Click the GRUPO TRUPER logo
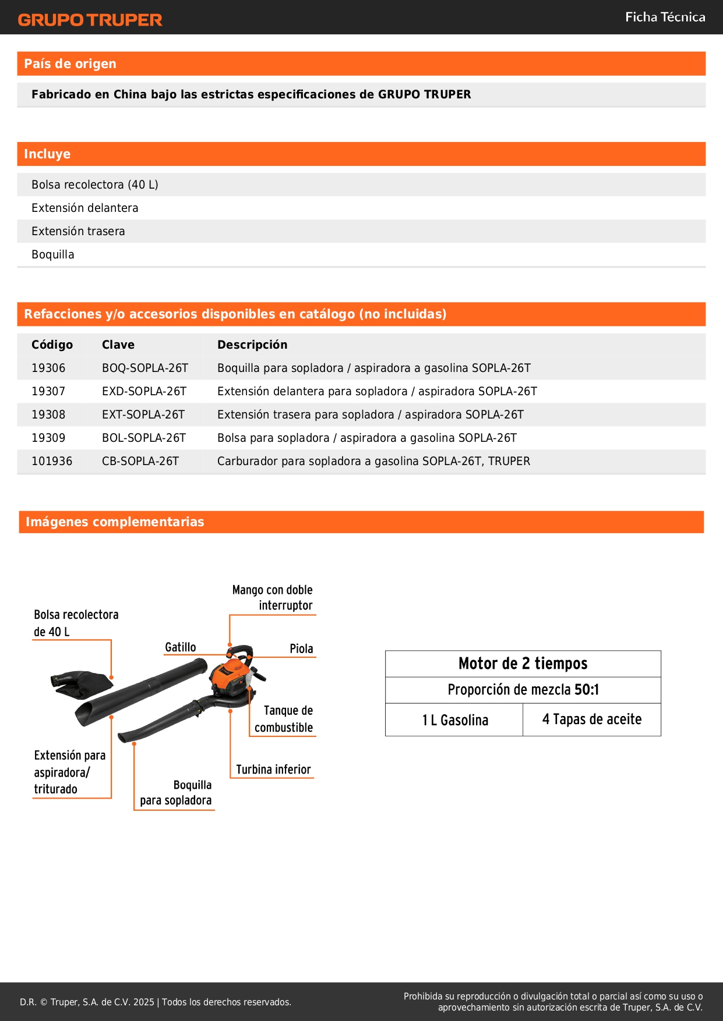pos(90,20)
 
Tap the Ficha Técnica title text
pos(665,17)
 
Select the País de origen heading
pos(70,64)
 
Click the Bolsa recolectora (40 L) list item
pos(95,185)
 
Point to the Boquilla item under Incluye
pos(53,254)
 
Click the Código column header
pos(52,345)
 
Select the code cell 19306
pos(48,368)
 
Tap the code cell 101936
pos(52,461)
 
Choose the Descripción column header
pos(252,345)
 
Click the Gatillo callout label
pos(181,647)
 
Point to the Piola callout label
pos(301,648)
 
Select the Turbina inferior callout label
pos(273,770)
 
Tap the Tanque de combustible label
pos(284,719)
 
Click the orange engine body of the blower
pos(228,675)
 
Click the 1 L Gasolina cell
pos(455,720)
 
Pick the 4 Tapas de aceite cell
pos(592,719)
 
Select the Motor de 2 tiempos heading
pos(523,664)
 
